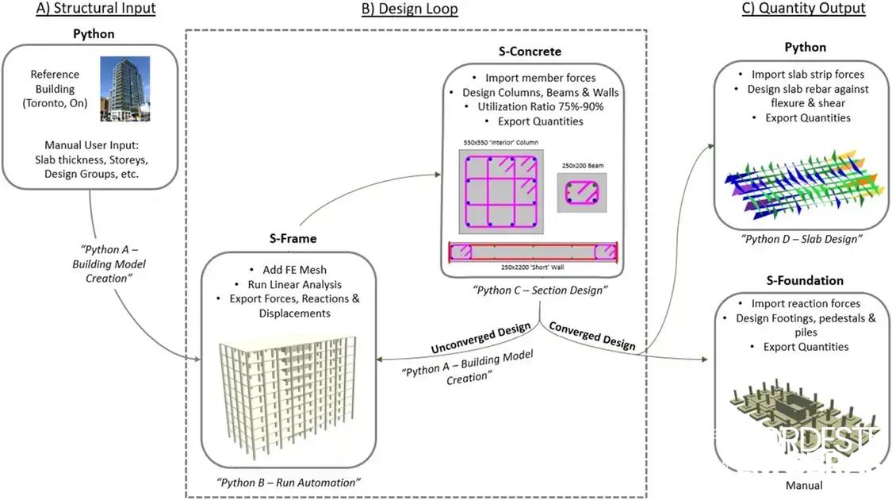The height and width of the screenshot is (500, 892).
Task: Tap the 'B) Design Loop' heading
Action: click(x=409, y=9)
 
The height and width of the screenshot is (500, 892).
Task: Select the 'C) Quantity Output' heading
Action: click(x=804, y=9)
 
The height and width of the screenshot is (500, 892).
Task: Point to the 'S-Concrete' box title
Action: click(x=530, y=52)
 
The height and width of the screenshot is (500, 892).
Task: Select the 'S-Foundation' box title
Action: click(x=804, y=280)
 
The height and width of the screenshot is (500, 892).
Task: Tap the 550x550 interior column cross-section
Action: click(x=501, y=194)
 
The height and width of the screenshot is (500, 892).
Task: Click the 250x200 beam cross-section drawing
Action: click(x=582, y=193)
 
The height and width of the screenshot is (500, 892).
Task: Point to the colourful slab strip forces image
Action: click(x=801, y=181)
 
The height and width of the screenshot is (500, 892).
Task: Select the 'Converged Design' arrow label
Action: click(x=591, y=335)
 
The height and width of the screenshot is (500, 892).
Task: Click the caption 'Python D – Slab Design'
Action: click(x=802, y=238)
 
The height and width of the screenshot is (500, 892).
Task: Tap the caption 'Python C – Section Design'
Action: click(x=540, y=290)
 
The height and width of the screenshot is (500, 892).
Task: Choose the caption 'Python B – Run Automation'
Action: click(x=288, y=482)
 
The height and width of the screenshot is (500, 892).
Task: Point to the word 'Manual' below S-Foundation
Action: click(x=804, y=485)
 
